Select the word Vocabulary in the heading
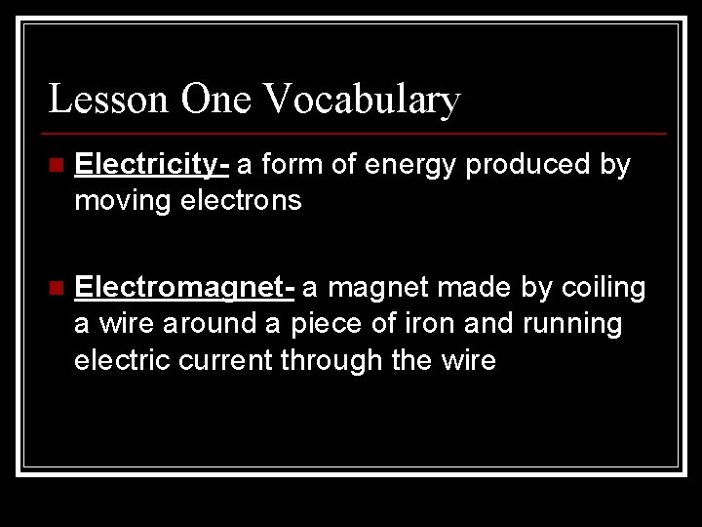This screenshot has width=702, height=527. tap(361, 99)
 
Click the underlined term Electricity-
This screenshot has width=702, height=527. tap(151, 166)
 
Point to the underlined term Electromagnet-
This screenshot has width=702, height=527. tap(184, 288)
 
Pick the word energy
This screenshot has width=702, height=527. tap(409, 166)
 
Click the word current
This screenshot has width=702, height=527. tap(228, 361)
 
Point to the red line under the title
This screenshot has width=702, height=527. tap(357, 133)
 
